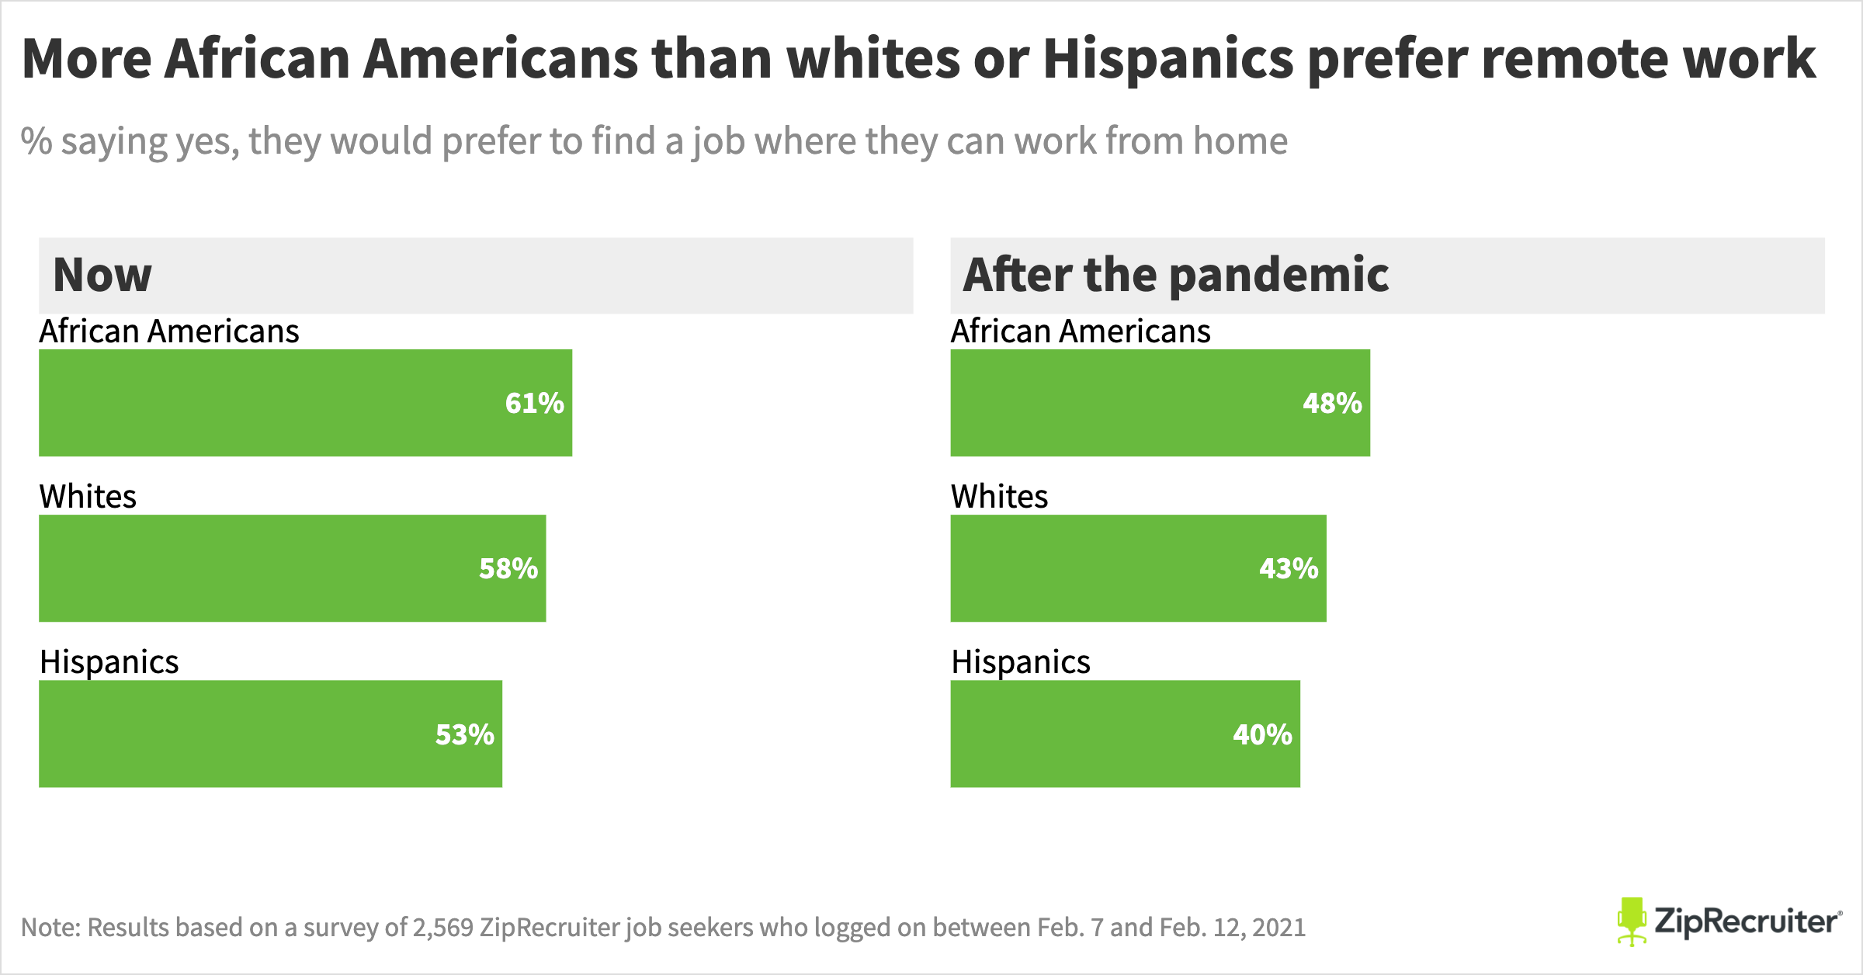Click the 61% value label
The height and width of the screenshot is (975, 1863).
tap(534, 403)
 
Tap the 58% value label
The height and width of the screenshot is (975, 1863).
tap(508, 568)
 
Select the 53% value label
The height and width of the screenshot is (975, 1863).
tap(464, 734)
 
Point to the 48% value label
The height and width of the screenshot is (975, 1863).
tap(1332, 403)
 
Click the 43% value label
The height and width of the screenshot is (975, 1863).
tap(1289, 568)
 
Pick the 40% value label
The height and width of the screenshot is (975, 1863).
tap(1262, 734)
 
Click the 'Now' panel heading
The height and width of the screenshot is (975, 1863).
tap(102, 275)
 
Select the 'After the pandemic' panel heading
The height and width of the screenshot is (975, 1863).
tap(1175, 275)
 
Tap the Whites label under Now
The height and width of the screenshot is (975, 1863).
tap(88, 497)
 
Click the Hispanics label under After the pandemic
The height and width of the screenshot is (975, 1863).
tap(1021, 662)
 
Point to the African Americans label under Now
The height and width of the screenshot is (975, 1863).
tap(169, 331)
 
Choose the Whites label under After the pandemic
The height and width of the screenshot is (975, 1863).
tap(999, 497)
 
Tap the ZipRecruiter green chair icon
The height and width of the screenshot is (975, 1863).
tap(1632, 921)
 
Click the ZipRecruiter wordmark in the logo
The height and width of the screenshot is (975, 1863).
tap(1747, 921)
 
